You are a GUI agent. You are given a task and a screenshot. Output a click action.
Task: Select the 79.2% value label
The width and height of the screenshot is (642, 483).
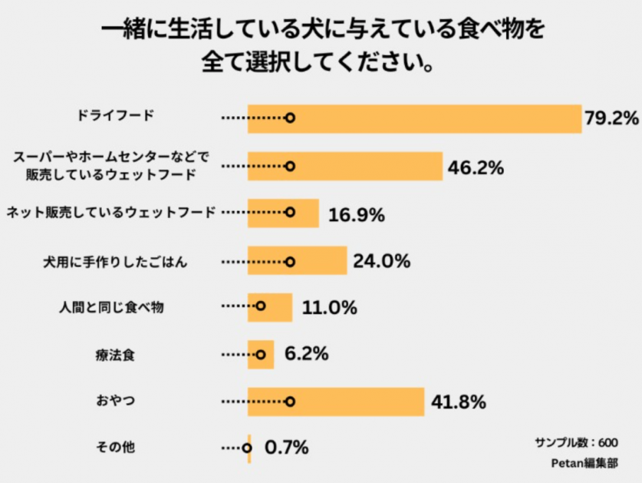click(x=611, y=118)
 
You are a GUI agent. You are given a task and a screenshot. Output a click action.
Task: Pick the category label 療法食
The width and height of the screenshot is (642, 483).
click(x=115, y=356)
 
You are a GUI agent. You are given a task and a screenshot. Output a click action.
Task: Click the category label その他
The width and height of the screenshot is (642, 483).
click(x=115, y=446)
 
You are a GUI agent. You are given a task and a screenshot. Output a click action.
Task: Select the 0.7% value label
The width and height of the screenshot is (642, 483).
click(x=286, y=447)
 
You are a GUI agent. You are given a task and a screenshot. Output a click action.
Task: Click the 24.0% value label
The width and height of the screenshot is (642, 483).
click(x=381, y=261)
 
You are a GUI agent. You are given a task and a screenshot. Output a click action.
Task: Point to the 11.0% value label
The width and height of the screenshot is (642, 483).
click(x=330, y=308)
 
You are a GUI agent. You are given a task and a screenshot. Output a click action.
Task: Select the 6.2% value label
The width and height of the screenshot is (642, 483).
click(x=306, y=355)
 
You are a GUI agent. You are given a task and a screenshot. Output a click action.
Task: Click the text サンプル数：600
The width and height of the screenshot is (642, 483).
click(x=575, y=442)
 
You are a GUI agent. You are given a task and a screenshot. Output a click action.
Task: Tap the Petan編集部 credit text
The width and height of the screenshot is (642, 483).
click(x=584, y=463)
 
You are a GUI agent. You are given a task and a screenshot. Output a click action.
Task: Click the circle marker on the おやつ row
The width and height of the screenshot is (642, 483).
click(x=290, y=402)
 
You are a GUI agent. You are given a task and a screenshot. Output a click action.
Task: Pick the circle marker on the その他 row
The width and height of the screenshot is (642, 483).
click(x=247, y=447)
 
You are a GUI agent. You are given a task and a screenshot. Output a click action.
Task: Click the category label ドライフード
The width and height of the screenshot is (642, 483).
click(x=116, y=116)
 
